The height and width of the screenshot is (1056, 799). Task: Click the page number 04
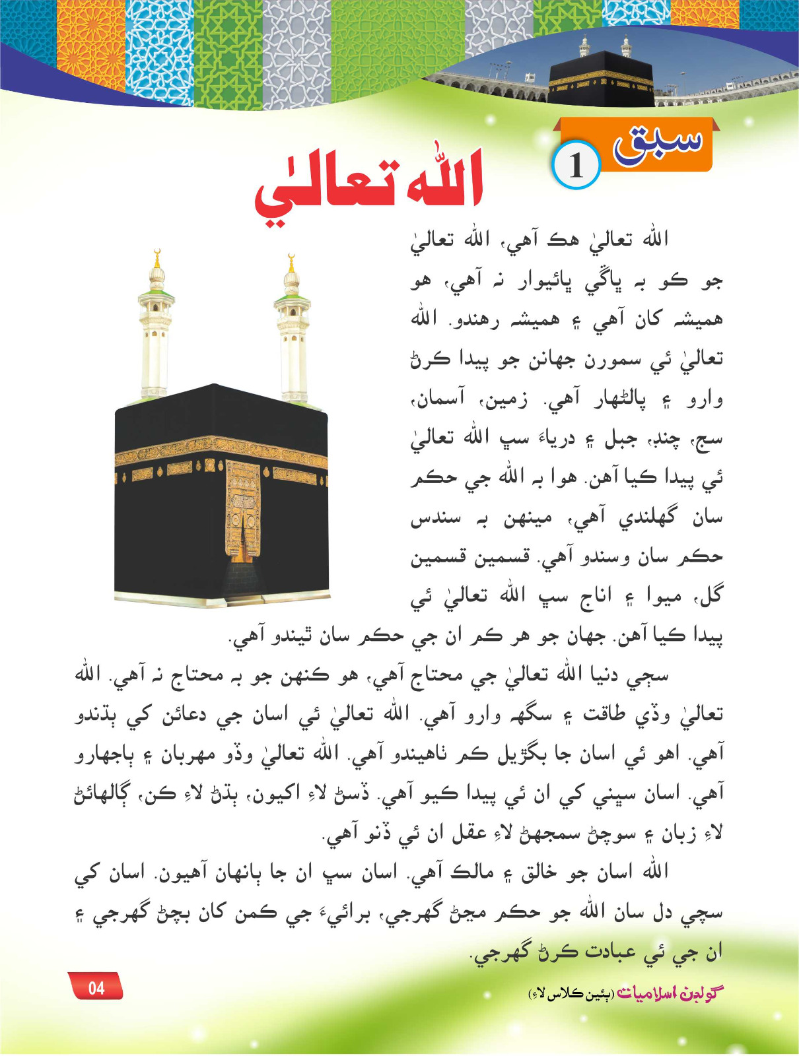96,987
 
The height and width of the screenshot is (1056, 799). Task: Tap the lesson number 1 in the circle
576,166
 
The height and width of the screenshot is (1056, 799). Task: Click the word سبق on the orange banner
657,143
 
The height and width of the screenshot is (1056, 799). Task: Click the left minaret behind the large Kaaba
156,330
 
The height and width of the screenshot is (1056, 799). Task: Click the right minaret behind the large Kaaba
291,330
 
